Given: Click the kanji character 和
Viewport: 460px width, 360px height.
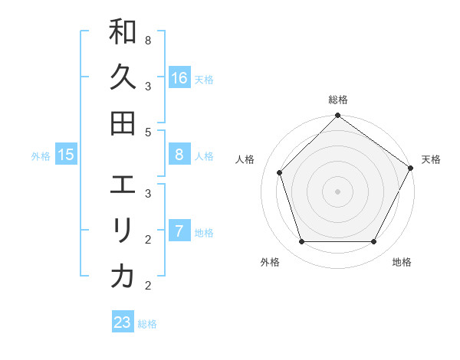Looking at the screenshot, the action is point(123,33).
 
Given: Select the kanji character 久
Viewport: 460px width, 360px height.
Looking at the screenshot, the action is point(123,77).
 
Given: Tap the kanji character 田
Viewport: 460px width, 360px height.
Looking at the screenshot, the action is point(123,123).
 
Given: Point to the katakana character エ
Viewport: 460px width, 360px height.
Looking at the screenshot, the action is point(123,186).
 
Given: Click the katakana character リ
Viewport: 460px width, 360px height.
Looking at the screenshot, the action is point(123,231).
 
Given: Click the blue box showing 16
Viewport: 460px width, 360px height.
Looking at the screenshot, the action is point(179,78).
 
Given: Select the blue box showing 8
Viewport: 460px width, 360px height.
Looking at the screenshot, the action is point(179,155).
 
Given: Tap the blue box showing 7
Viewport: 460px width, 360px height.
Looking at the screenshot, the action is point(179,231).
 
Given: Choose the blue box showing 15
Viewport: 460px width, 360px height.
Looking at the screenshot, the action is point(66,155).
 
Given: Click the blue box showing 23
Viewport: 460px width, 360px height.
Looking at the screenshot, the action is point(123,322).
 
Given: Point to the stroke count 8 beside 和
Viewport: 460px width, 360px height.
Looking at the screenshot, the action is point(147,39).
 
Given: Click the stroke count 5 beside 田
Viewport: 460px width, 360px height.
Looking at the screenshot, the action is point(147,132).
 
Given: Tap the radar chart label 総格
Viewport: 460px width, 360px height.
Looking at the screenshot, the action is point(337,100).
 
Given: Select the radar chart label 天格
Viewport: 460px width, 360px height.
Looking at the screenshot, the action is point(431,159).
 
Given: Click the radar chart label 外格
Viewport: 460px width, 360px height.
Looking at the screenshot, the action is point(269,262).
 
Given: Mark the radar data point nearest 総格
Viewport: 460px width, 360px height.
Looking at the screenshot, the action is point(337,116).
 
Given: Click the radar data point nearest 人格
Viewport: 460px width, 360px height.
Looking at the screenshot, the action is point(280,172).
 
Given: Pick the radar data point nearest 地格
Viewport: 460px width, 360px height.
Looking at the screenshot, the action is point(374,242).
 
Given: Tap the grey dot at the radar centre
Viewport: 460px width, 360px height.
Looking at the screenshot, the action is point(337,191).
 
